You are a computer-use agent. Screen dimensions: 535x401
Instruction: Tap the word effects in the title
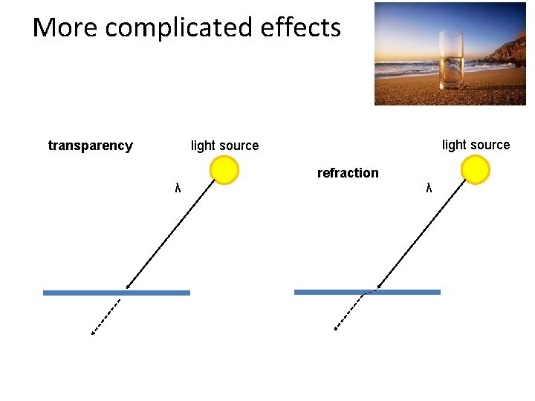pos(301,28)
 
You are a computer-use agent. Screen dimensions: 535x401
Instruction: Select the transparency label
pos(90,146)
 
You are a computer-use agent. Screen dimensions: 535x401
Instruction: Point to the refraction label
pos(348,173)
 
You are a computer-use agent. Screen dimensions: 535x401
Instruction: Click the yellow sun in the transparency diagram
pos(224,170)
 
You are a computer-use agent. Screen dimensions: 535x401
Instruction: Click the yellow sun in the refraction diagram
pos(475,169)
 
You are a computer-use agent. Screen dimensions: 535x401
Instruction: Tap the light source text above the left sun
pos(224,146)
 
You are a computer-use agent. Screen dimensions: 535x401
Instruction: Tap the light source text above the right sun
pos(476,145)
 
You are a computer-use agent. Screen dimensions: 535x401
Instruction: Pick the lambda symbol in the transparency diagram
pos(178,187)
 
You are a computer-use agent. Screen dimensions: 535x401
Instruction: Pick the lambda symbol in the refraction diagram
pos(429,187)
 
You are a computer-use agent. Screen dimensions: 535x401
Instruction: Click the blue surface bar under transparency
pos(117,293)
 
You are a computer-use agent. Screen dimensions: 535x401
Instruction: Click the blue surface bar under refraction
pos(367,292)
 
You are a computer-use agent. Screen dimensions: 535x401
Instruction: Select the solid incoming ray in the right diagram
pos(421,234)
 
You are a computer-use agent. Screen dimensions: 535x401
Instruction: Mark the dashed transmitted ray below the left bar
pos(106,317)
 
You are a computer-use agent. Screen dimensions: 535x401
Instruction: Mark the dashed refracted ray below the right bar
pos(349,310)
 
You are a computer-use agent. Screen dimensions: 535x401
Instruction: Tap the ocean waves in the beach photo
pos(405,68)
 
